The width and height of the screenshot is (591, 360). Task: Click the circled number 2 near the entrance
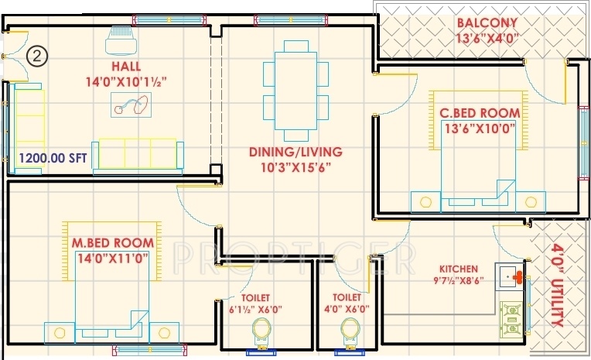(37, 57)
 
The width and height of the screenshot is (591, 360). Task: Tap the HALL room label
(126, 67)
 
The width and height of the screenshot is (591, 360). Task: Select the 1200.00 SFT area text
(53, 158)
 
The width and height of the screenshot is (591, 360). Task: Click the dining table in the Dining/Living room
(295, 91)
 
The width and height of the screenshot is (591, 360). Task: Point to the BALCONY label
(487, 22)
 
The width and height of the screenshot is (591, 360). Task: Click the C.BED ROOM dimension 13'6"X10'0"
(480, 129)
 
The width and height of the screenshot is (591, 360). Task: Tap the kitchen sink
(508, 276)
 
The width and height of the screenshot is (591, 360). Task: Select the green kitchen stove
(512, 319)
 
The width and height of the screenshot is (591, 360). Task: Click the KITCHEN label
(459, 269)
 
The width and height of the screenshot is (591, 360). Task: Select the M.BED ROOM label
(113, 242)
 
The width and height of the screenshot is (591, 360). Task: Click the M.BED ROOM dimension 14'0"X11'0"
(113, 259)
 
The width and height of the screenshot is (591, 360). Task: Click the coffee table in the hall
(132, 105)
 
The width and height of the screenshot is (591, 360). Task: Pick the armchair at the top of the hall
(121, 41)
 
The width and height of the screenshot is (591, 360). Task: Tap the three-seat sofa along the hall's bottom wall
(138, 156)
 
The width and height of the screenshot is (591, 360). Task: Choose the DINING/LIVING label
(295, 152)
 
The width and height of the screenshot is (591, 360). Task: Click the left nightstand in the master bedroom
(60, 333)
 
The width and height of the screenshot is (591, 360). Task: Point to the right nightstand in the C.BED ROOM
(531, 202)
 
